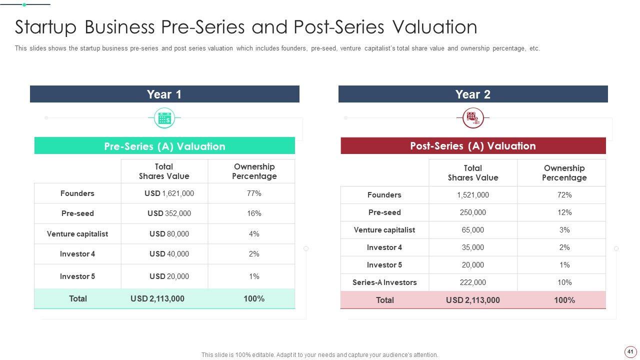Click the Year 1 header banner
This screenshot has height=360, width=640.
pyautogui.click(x=164, y=94)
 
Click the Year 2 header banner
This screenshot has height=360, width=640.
pyautogui.click(x=472, y=94)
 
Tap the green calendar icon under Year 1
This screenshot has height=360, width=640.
pyautogui.click(x=164, y=118)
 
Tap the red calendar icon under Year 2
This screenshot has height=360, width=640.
pyautogui.click(x=472, y=118)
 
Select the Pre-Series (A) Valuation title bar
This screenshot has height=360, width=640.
pyautogui.click(x=164, y=146)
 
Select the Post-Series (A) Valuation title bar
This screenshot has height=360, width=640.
pyautogui.click(x=472, y=146)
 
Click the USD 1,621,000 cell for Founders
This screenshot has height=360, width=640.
pyautogui.click(x=169, y=193)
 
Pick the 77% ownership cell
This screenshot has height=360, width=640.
pyautogui.click(x=254, y=193)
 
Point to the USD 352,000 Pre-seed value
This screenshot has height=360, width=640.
pyautogui.click(x=169, y=213)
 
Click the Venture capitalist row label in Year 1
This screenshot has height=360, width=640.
pyautogui.click(x=77, y=234)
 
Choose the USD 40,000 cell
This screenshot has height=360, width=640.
pyautogui.click(x=169, y=254)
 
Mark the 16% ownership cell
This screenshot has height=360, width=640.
pyautogui.click(x=254, y=213)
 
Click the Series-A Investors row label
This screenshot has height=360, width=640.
pyautogui.click(x=384, y=282)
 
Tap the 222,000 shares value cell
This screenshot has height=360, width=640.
pyautogui.click(x=472, y=282)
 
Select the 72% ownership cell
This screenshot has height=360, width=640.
pyautogui.click(x=564, y=195)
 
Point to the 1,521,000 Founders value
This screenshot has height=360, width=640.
pyautogui.click(x=472, y=195)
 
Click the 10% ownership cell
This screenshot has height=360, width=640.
pyautogui.click(x=564, y=282)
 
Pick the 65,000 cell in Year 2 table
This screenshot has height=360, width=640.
pyautogui.click(x=472, y=230)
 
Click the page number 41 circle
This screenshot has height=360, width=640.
pyautogui.click(x=630, y=351)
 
